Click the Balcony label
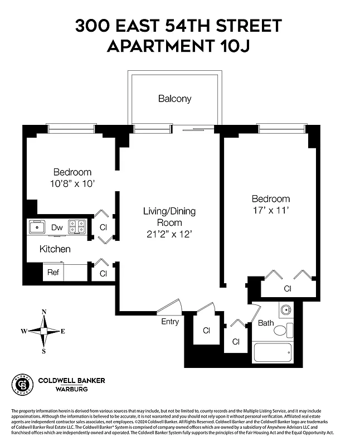click(174, 99)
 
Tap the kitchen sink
click(37, 227)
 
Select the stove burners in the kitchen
click(78, 227)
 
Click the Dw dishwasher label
click(57, 227)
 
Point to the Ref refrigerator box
click(53, 273)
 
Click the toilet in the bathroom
click(280, 331)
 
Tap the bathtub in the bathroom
click(273, 353)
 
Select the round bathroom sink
click(285, 310)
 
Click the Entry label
click(170, 322)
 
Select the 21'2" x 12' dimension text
click(169, 235)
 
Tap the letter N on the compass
click(44, 312)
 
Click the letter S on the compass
click(44, 351)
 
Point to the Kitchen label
click(55, 249)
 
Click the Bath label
click(266, 323)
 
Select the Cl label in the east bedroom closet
click(288, 289)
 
